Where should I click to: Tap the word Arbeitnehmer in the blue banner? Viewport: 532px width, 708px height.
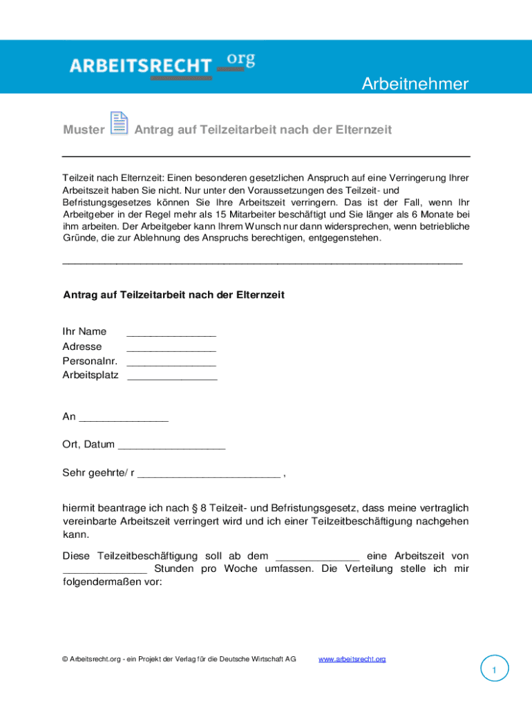click(415, 84)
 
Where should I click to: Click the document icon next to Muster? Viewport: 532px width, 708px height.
click(120, 123)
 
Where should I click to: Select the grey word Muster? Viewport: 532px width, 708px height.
click(84, 130)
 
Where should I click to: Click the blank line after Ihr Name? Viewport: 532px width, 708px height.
click(171, 333)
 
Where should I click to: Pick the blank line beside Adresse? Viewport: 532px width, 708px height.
click(171, 348)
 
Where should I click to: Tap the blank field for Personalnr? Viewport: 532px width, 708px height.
click(171, 363)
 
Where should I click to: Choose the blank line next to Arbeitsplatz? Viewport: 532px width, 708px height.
click(172, 378)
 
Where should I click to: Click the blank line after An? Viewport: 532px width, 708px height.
click(124, 418)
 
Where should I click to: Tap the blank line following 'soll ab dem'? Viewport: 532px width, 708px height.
click(317, 557)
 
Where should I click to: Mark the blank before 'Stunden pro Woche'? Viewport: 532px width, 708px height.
click(104, 571)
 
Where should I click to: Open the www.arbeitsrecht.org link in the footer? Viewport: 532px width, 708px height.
click(352, 659)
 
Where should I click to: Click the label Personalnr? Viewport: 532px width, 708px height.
click(90, 361)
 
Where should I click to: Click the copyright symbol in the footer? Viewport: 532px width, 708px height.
click(64, 659)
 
